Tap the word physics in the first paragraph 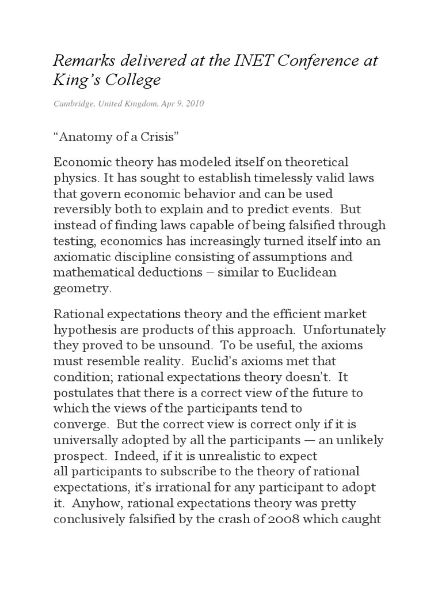[x=74, y=177]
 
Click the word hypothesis [x=86, y=330]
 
